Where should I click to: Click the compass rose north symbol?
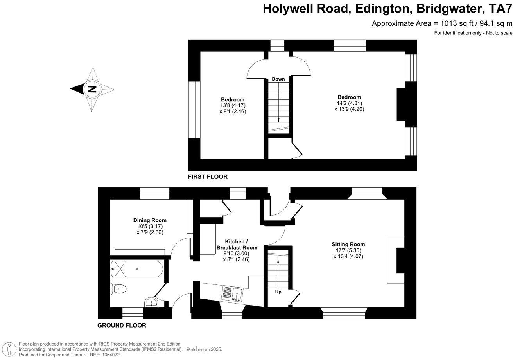[92, 89]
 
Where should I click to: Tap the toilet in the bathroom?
[119, 289]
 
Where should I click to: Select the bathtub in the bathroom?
[136, 269]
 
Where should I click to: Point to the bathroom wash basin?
[151, 302]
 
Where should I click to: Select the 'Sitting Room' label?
[349, 245]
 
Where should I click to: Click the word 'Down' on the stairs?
[278, 79]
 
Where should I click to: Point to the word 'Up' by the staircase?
[278, 292]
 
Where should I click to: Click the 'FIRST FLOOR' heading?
[208, 177]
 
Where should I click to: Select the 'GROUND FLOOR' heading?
[122, 325]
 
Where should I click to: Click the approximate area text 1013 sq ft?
[442, 23]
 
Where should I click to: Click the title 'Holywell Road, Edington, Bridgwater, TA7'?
[387, 8]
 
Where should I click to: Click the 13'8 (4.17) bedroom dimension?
[233, 105]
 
